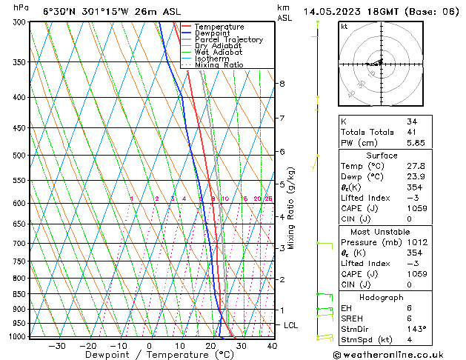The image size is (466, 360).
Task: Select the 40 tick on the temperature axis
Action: coord(272,345)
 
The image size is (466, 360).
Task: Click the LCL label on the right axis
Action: coord(291,325)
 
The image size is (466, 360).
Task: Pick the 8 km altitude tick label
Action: coord(282,84)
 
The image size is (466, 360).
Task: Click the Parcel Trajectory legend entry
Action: coord(228,39)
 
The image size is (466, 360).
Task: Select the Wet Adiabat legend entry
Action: coord(219,52)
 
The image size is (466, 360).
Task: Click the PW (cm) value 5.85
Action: coord(416,143)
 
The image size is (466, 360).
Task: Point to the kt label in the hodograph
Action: coord(344,26)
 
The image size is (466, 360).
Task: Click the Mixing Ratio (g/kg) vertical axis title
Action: coord(291,208)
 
